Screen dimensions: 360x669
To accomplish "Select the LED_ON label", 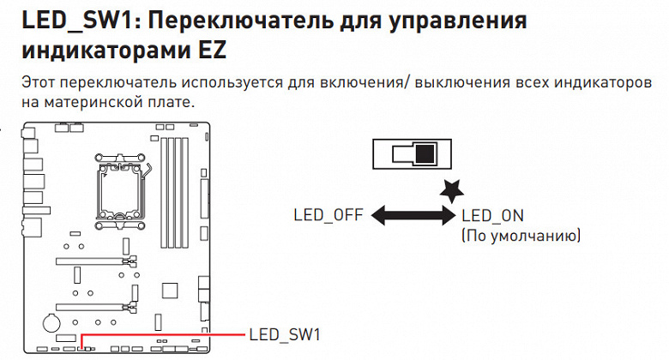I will coord(492,215).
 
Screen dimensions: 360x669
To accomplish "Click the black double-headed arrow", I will coord(413,215).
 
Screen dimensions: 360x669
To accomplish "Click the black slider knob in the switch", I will coord(425,155).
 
